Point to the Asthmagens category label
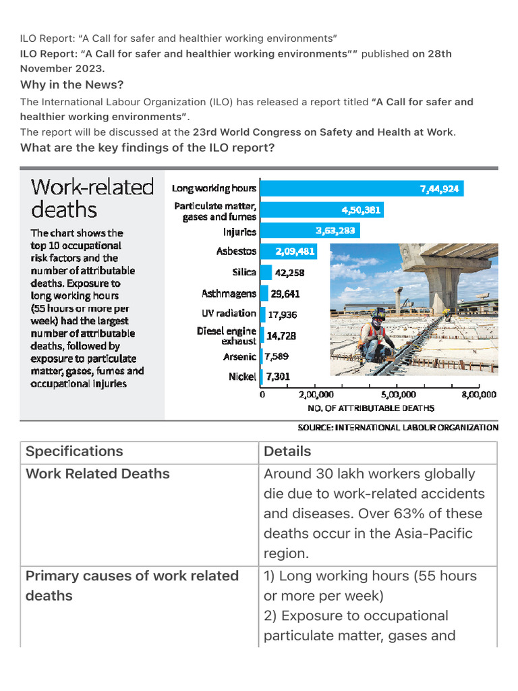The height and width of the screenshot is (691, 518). pos(229,294)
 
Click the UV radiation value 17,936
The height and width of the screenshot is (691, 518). pos(282,314)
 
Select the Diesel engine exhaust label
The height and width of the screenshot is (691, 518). pos(226,335)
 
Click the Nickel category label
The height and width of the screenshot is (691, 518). pos(242,377)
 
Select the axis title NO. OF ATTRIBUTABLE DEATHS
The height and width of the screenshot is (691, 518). pos(371,408)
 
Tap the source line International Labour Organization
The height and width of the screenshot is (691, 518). pos(398,427)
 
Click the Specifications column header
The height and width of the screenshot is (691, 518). pos(74,451)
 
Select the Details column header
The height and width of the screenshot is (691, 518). pos(287,451)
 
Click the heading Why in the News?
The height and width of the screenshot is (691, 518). pos(72,85)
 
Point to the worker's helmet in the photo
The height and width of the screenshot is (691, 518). pos(378,314)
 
